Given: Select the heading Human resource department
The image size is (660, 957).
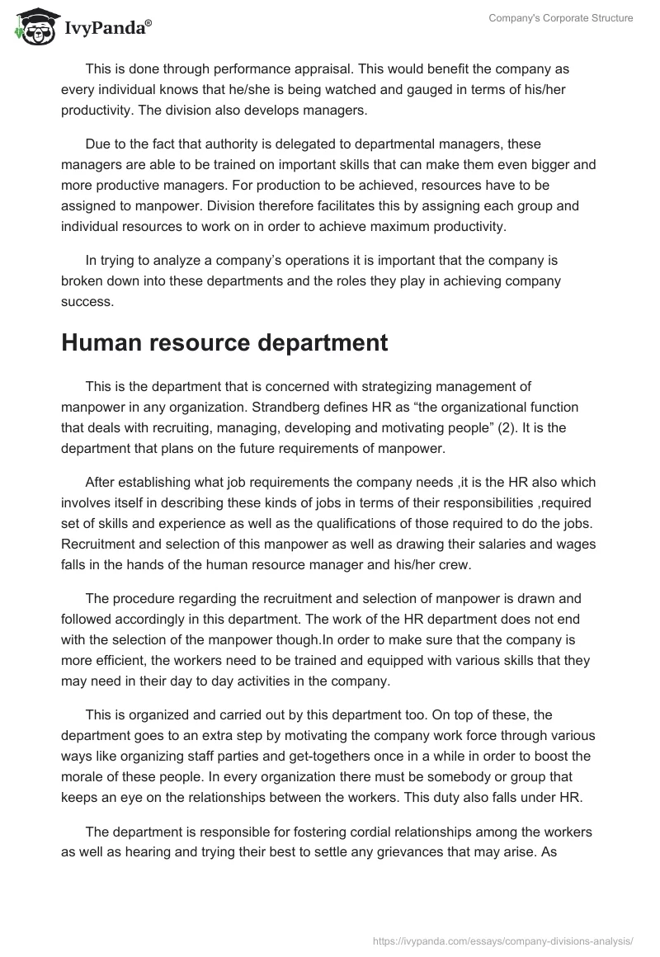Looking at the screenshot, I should [224, 343].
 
